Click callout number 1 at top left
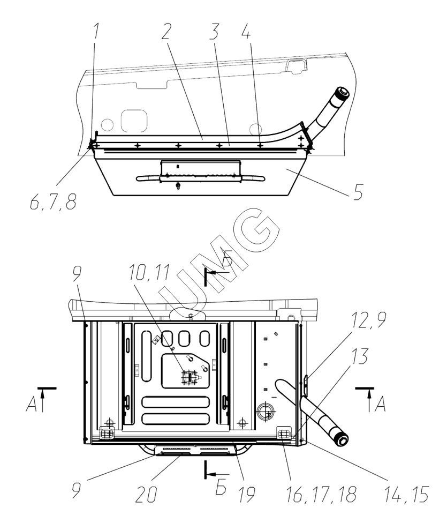point(96,30)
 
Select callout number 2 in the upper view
point(166,31)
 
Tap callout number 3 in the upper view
point(213,31)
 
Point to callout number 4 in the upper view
point(246,31)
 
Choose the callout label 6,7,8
point(54,202)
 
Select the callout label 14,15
point(407,494)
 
